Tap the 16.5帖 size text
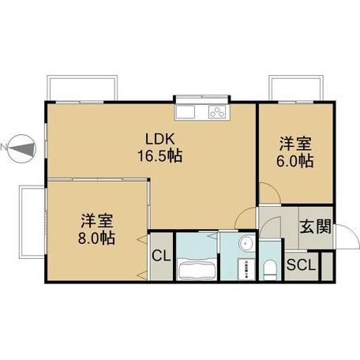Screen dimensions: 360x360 (161, 156)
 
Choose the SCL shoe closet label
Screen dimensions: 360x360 (301, 266)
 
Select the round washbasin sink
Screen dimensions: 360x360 (245, 243)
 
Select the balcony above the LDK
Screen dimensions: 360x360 (83, 87)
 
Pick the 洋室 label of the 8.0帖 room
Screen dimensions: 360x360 (96, 219)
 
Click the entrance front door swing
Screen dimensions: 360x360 (344, 234)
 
